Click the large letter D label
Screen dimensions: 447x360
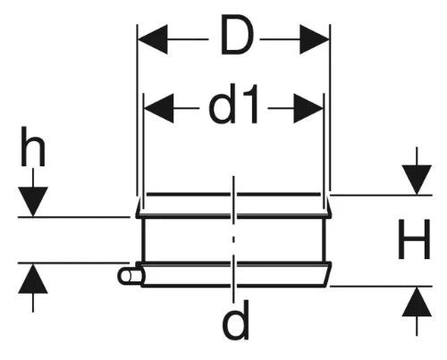tap(236, 36)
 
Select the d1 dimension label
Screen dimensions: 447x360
tap(233, 104)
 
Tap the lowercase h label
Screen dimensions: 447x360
tap(33, 147)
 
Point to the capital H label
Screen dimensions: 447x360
tap(414, 239)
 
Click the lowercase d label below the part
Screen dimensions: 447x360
tap(235, 320)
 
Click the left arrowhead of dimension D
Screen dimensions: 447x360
tap(153, 39)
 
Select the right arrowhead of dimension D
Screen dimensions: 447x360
tap(315, 39)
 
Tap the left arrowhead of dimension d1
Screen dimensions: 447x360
tap(158, 108)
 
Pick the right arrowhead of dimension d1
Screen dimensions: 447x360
tap(308, 108)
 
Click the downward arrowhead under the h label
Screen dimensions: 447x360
tap(33, 201)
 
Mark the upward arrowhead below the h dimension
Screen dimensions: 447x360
tap(33, 279)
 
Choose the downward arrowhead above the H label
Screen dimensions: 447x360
tap(417, 180)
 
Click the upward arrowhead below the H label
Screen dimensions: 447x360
tap(417, 302)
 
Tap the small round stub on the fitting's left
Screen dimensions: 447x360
tap(127, 276)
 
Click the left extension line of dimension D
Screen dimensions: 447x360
tap(137, 110)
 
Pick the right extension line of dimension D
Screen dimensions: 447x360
tap(330, 107)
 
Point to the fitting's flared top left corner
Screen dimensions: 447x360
tap(139, 206)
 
